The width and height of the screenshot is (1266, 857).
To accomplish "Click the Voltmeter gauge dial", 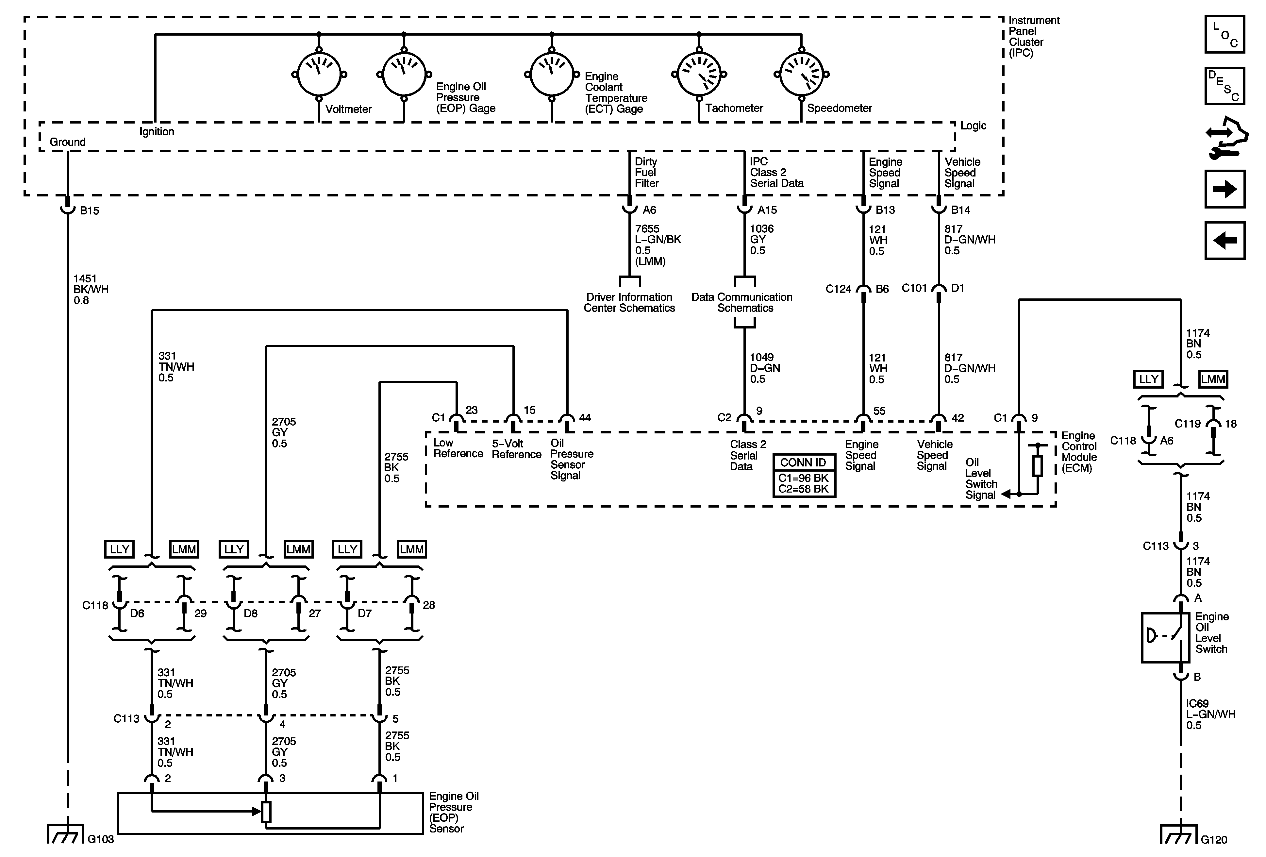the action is tap(319, 75).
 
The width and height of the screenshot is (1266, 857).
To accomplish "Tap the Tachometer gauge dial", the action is tap(699, 75).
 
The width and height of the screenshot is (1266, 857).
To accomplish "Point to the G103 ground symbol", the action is tap(66, 833).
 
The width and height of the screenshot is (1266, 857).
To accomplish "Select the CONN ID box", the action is tap(804, 476).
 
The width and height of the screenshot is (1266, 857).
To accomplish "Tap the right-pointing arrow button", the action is tap(1224, 189).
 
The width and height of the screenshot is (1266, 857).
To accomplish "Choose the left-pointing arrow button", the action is tap(1224, 240).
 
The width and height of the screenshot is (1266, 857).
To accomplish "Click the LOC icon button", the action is tap(1224, 34).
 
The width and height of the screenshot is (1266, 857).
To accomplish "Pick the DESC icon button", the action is tap(1224, 86).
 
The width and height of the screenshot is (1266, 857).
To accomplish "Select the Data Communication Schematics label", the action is tap(742, 302).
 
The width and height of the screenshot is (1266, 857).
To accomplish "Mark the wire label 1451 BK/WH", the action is tap(91, 289).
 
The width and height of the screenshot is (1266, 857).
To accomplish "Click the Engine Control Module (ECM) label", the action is tap(1079, 452).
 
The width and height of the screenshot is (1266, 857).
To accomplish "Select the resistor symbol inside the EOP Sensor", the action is tap(266, 812).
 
